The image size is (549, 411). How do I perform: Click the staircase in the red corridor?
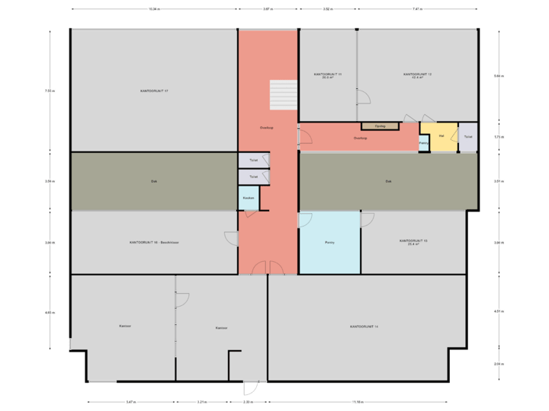click(282, 94)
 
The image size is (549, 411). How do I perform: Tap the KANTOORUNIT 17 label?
click(153, 91)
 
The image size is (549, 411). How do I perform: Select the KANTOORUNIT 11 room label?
click(327, 75)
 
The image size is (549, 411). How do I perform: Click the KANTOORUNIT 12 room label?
click(417, 75)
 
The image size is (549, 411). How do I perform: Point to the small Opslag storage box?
click(380, 126)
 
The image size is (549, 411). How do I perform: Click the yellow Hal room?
click(441, 136)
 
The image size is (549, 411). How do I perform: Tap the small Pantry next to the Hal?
click(423, 142)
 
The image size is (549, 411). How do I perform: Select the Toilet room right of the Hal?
click(467, 136)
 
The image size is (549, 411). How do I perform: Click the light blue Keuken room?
click(249, 198)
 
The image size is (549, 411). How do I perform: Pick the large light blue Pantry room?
click(329, 242)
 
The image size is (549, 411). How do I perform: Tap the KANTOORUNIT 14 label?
click(364, 326)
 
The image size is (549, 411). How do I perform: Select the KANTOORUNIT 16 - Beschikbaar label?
click(153, 242)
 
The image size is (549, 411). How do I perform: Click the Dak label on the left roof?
click(153, 181)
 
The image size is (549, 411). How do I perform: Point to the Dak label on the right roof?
click(388, 181)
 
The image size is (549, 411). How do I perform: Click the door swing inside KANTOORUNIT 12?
click(364, 97)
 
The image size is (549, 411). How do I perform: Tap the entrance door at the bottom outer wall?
click(251, 387)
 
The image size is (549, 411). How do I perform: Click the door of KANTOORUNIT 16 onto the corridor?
click(231, 238)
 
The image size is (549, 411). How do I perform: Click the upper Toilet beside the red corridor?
click(253, 161)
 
